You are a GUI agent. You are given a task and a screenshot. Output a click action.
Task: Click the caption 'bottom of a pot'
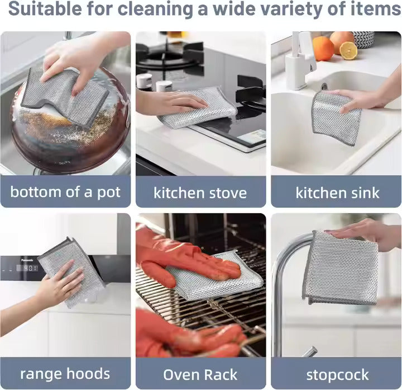[65, 192]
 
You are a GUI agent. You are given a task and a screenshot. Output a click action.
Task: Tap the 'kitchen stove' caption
[200, 193]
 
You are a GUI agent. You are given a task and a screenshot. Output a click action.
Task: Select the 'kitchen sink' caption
[337, 193]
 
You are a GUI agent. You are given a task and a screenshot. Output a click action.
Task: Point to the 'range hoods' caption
[65, 374]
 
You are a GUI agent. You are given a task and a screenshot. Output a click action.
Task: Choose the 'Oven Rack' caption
[200, 374]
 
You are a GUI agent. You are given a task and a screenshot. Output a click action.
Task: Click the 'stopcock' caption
[337, 374]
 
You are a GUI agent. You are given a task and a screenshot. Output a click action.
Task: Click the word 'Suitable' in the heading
[51, 10]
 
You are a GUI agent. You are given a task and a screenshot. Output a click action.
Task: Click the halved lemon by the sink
[348, 51]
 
